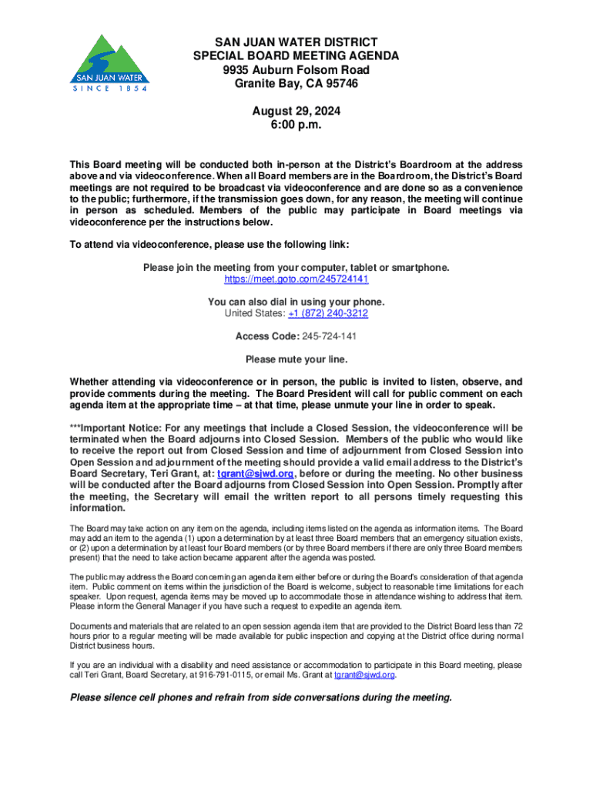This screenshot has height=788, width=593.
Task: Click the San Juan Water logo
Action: [x=108, y=62]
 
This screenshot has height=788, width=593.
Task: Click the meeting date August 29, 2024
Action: [x=296, y=112]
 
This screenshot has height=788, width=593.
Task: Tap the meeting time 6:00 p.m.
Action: [x=296, y=125]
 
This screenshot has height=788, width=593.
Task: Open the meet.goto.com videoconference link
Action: [x=296, y=279]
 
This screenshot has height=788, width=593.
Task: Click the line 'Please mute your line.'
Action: [x=296, y=359]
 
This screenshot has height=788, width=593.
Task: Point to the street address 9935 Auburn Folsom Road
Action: [x=296, y=69]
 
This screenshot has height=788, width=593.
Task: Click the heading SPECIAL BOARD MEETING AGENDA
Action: [x=296, y=55]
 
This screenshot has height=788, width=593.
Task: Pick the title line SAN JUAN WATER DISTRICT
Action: [x=296, y=42]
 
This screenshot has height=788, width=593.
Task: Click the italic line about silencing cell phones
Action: [x=261, y=698]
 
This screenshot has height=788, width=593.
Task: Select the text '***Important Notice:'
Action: [x=115, y=428]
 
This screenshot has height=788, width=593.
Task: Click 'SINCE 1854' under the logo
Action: [x=107, y=88]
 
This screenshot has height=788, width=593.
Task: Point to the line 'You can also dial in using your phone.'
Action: [x=296, y=302]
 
